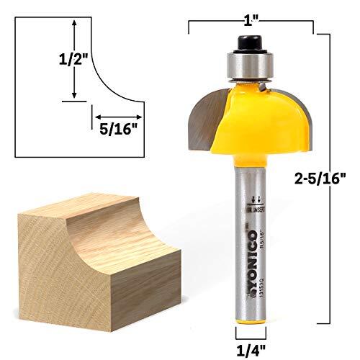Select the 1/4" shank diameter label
coord(248,351)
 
